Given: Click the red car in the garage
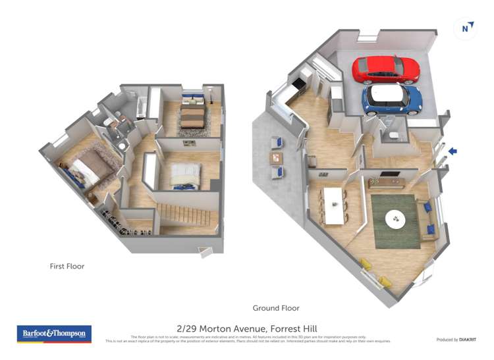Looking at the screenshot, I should tap(386, 68).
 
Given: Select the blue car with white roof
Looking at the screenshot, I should tap(392, 99).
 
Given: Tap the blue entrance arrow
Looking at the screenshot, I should tap(453, 151).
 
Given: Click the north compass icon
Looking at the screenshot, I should tap(466, 28).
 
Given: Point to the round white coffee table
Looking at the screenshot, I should tap(396, 219).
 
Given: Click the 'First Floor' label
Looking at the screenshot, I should tap(67, 267).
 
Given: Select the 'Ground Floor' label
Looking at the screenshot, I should tap(276, 308).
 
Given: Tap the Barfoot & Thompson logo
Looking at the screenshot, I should tap(54, 334).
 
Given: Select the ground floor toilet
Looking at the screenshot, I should tap(393, 136).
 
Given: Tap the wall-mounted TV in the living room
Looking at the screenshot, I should tap(389, 175).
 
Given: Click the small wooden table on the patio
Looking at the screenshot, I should tap(277, 157).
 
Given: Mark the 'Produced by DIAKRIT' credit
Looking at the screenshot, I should tap(456, 340).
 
